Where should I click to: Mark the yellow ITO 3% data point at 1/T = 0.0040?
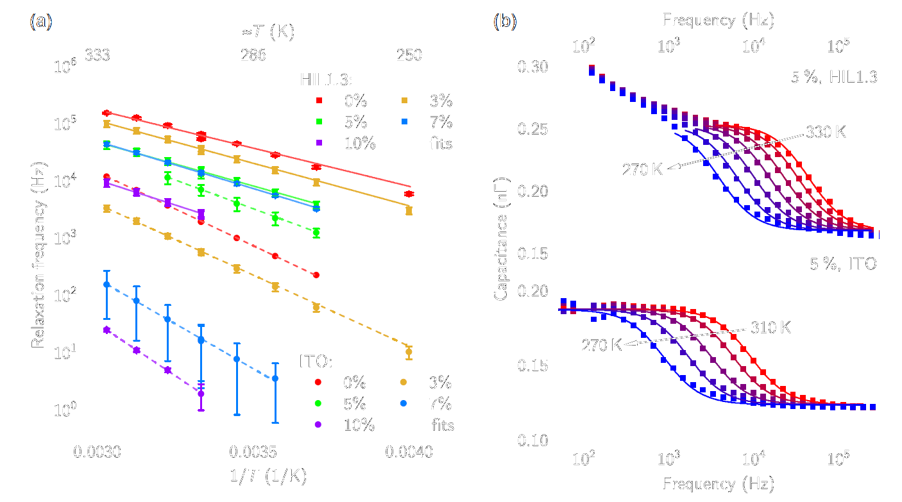409,351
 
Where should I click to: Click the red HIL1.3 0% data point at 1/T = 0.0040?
409,194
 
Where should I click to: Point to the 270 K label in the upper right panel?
642,170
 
